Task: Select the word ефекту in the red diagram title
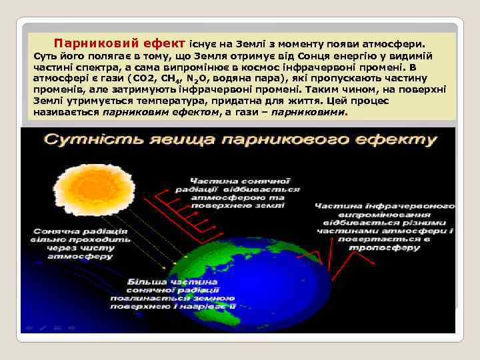click(401, 141)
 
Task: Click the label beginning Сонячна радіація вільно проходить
click(72, 243)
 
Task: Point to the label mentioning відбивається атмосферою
click(236, 193)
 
